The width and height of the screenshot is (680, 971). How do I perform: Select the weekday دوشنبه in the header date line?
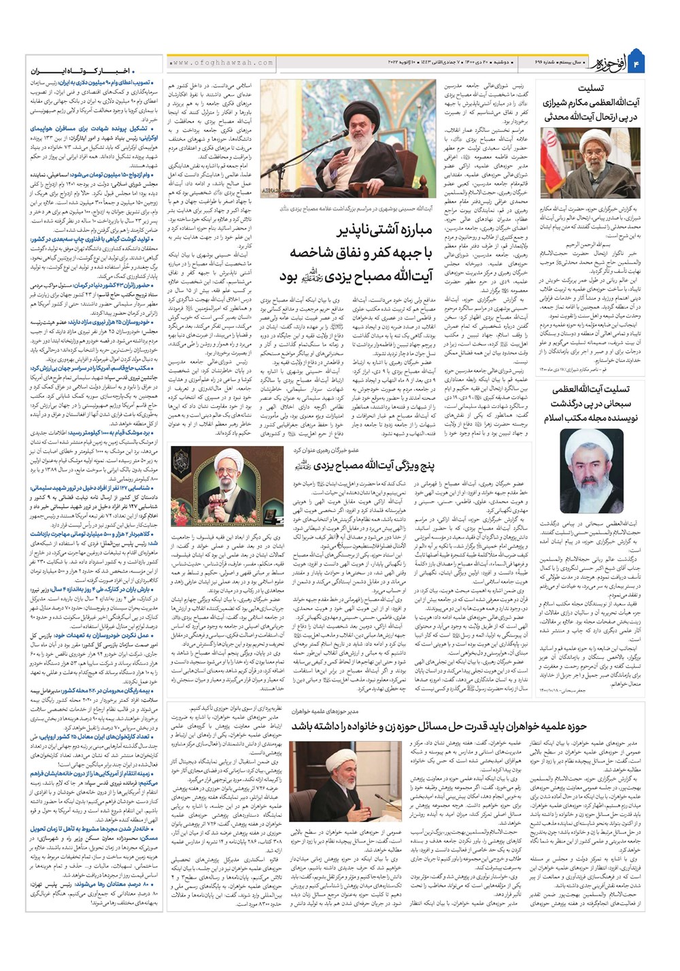click(x=502, y=63)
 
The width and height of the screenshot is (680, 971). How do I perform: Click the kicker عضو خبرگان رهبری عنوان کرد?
click(x=327, y=450)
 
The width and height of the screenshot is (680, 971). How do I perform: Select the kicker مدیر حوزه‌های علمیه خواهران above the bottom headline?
click(x=327, y=710)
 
